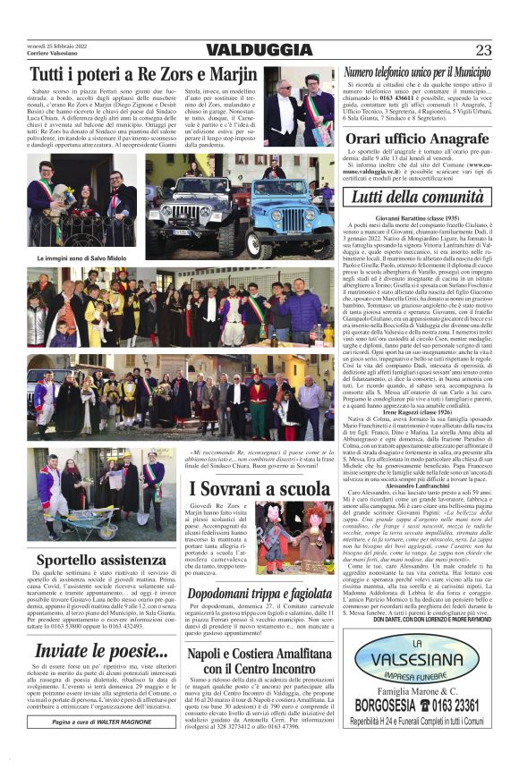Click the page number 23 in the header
coord(484,50)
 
